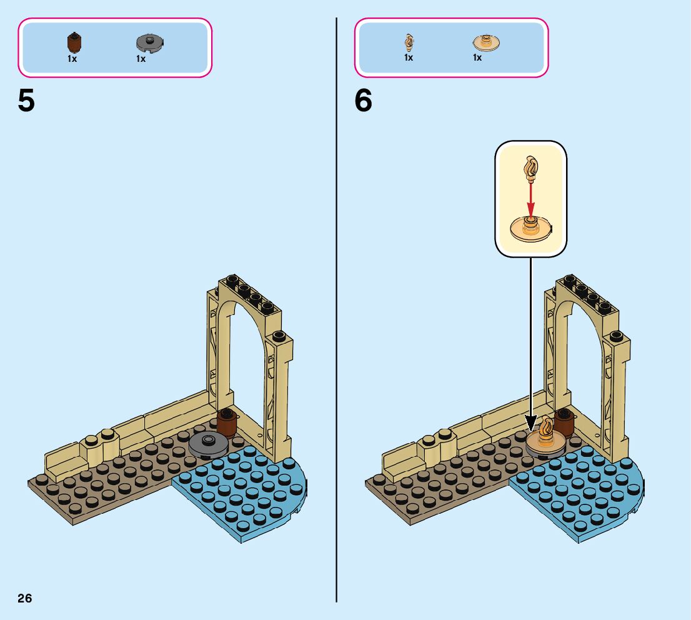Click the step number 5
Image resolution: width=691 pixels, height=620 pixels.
coord(26,101)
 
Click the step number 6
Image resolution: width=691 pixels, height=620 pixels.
coord(364,101)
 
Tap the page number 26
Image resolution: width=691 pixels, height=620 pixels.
coord(25,598)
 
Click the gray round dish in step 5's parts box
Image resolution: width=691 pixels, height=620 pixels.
coord(149,43)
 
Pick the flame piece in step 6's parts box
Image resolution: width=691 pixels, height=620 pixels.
coord(409,42)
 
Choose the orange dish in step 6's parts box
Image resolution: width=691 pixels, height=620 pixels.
coord(486,43)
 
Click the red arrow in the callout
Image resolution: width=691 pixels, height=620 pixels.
coord(530,199)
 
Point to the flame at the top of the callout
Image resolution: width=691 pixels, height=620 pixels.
coord(531,167)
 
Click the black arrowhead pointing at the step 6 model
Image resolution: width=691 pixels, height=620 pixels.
coord(530,425)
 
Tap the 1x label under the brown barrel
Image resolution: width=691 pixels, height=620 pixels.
coord(72,59)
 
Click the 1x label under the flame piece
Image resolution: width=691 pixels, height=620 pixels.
coord(409,57)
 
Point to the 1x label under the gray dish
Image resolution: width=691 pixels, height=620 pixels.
coord(141,59)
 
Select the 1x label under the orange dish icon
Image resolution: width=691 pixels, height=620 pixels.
coord(477,57)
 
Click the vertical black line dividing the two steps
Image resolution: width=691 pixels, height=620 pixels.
coord(336,312)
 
